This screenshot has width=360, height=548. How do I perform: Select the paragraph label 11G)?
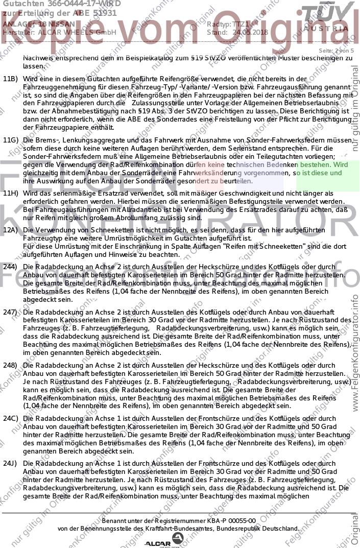[10, 139]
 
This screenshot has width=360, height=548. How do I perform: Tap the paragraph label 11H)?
[10, 193]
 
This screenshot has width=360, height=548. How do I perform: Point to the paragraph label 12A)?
[10, 230]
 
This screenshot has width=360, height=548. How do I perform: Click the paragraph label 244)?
[10, 267]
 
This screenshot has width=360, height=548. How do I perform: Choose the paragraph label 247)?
[10, 312]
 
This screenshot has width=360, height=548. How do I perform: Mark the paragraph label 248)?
[10, 366]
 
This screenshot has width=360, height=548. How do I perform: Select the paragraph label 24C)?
[10, 418]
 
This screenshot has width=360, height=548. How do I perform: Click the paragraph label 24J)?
[10, 463]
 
